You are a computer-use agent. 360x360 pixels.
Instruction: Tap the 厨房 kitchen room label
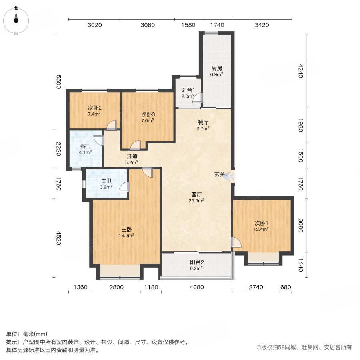[216, 71]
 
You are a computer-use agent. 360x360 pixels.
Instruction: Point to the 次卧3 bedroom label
[148, 117]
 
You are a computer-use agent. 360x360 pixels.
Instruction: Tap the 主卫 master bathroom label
[106, 184]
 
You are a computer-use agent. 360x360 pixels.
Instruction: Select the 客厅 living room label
[197, 197]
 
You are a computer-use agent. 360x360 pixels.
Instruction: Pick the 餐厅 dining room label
[203, 125]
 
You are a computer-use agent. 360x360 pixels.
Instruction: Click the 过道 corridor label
[132, 159]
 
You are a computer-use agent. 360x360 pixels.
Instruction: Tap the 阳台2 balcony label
[197, 265]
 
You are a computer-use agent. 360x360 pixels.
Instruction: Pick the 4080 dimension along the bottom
[197, 287]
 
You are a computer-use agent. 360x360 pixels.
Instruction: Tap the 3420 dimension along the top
[262, 25]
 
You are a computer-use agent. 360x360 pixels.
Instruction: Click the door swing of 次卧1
[236, 242]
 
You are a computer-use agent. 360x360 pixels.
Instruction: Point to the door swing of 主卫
[125, 188]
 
